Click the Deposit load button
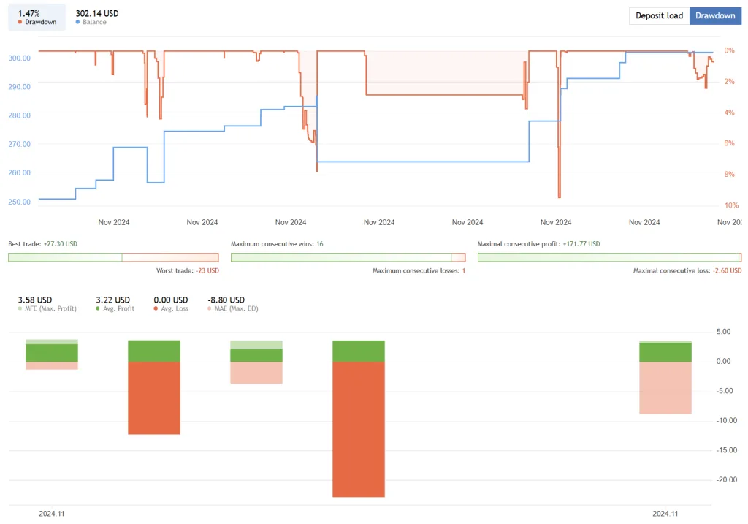659,15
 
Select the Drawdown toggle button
714,15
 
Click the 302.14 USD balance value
97,13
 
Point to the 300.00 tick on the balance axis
19,58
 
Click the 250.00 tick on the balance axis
19,202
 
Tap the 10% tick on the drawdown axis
731,205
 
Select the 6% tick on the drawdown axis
729,143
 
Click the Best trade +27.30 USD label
42,243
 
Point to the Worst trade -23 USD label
187,270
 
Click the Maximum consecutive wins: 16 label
277,243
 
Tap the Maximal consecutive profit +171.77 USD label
538,243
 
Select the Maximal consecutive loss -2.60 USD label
687,270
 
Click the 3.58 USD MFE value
35,300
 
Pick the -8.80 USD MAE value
226,300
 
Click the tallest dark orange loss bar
358,429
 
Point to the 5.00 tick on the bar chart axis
724,332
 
